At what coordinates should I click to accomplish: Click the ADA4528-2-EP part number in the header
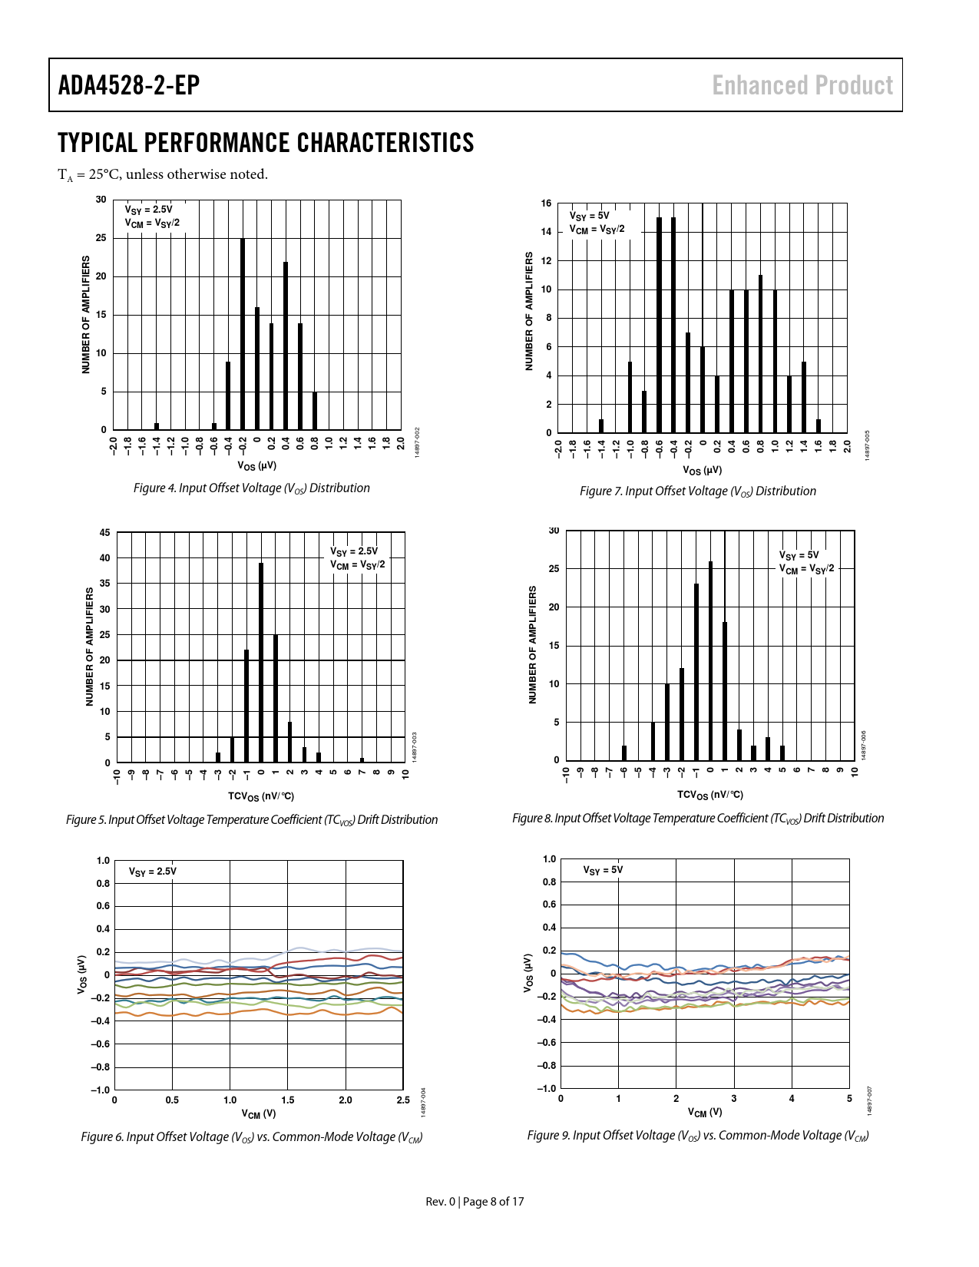[129, 85]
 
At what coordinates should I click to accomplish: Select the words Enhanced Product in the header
[802, 85]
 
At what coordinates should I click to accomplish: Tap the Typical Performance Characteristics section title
[266, 143]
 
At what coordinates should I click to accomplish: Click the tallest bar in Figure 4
[243, 334]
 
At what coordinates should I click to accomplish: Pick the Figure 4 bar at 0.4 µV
[286, 346]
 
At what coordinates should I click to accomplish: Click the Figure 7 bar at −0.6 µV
[659, 325]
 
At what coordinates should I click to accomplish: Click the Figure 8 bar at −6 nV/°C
[624, 753]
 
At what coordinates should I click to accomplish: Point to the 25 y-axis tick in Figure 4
[101, 238]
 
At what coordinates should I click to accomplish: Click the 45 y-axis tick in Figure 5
[105, 533]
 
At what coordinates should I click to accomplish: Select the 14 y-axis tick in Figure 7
[546, 232]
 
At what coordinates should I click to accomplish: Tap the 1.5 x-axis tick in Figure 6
[288, 1100]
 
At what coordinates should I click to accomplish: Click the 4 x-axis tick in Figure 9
[792, 1099]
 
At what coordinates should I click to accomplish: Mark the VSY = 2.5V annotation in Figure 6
[152, 872]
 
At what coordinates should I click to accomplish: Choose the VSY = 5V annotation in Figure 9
[603, 870]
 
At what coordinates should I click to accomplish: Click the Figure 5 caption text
[252, 820]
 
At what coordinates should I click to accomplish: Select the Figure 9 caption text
[698, 1136]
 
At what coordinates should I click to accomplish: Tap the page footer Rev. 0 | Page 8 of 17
[475, 1201]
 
